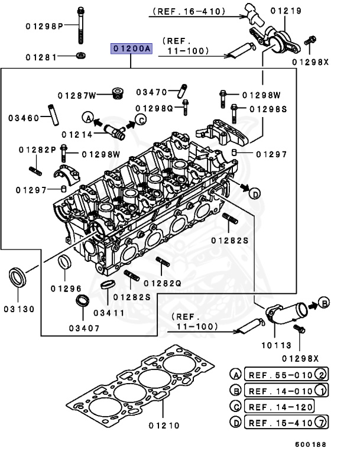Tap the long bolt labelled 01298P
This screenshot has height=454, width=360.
(x=79, y=27)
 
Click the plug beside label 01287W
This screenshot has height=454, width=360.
(x=117, y=93)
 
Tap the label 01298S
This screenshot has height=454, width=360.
(x=267, y=109)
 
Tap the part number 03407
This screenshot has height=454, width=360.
(x=85, y=328)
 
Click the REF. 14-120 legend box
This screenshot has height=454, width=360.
(x=278, y=406)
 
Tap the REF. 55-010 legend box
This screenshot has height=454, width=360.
(x=278, y=375)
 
